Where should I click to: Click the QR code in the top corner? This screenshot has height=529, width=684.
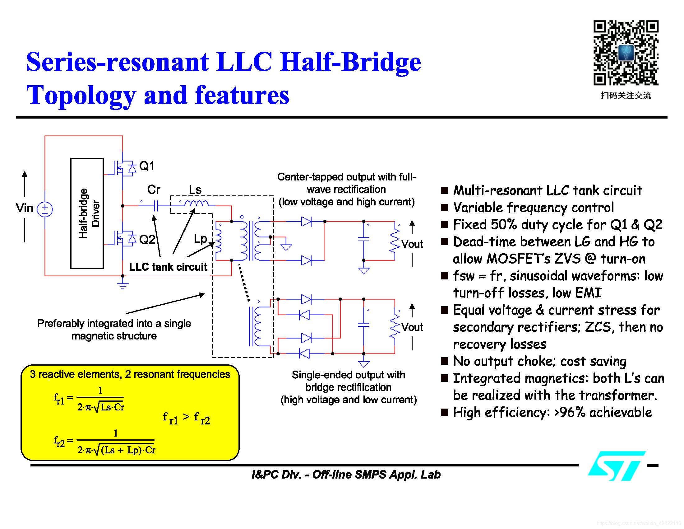pos(626,52)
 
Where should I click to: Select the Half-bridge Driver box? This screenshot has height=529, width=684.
pos(87,213)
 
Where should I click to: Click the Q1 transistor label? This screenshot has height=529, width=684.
pos(146,166)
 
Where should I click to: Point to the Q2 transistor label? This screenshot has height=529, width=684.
pos(146,240)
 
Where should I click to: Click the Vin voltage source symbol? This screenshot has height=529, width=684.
pos(45,209)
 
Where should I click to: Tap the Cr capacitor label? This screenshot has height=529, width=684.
pos(154,190)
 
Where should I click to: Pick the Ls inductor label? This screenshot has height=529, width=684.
pos(195,190)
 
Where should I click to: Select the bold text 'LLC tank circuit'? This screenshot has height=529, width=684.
pos(168,267)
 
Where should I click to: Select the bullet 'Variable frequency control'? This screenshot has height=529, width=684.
pos(533,208)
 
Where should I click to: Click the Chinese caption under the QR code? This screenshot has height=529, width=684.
pos(626,96)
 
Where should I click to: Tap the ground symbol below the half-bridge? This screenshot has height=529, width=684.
pos(123,285)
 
